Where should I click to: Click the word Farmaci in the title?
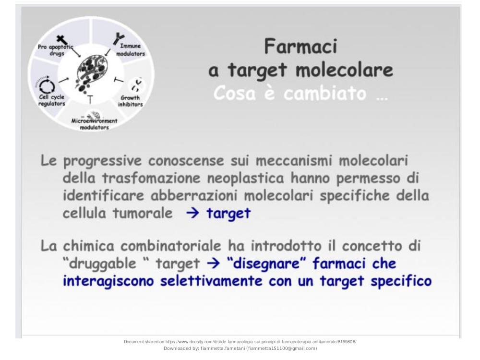coord(300,46)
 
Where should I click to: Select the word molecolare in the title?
coord(344,70)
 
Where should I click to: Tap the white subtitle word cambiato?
coord(325,93)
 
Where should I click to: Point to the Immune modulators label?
coord(131,49)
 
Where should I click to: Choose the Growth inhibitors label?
coord(131,101)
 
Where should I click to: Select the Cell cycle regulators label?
coord(52,100)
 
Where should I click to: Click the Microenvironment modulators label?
coord(94,124)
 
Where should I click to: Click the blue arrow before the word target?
coord(193,213)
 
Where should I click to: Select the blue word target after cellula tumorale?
coord(228,214)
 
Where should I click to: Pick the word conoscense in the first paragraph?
coord(186,161)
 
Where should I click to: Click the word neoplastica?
coord(245,178)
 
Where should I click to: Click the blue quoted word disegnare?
coord(266,264)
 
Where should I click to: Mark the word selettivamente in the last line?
coord(211,281)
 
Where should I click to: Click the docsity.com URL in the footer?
coord(261,342)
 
